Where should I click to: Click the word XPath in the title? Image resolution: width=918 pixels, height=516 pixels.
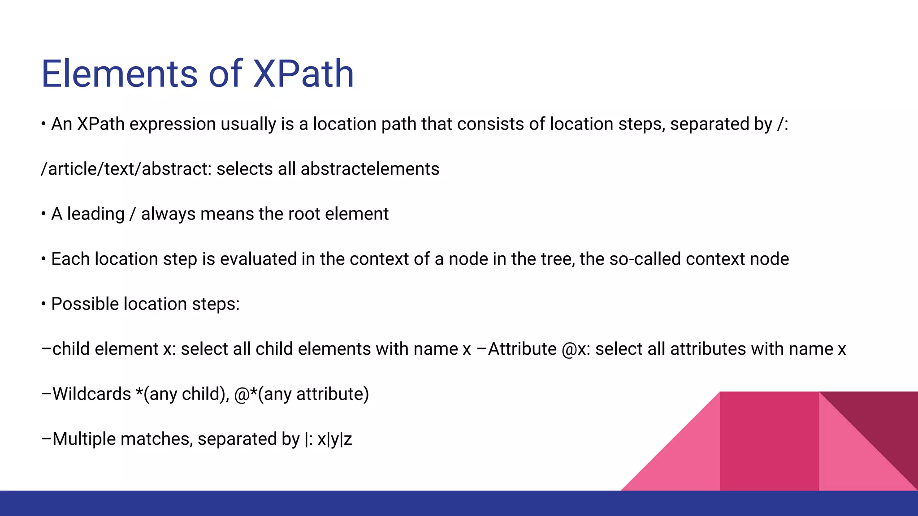303,74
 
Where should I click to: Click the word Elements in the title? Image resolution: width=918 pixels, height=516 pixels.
119,74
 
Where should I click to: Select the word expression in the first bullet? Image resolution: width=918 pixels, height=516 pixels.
173,125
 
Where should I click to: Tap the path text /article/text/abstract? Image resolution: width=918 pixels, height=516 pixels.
126,169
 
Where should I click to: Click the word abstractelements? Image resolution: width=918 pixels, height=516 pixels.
370,169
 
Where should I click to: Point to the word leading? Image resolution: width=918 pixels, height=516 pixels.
95,214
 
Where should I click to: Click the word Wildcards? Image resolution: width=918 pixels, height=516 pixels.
91,394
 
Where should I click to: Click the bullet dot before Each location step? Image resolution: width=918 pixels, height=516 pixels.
43,259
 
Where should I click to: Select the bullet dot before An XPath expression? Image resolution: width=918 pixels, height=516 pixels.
43,124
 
